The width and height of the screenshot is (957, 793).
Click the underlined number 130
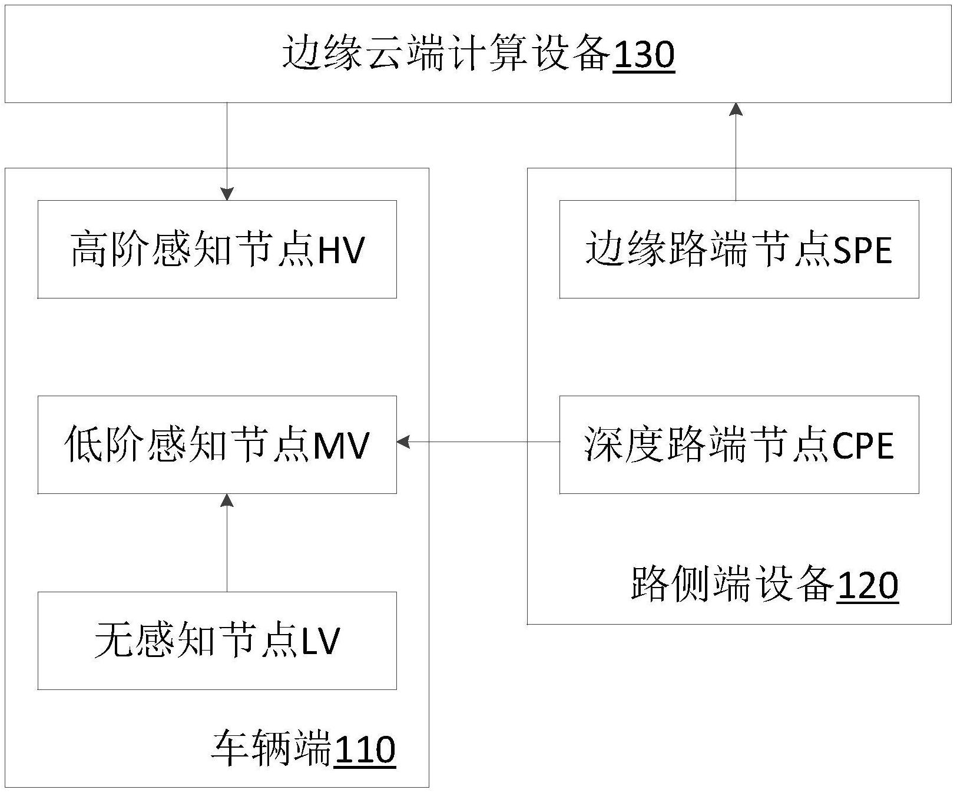(643, 55)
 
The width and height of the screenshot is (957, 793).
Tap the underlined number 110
(365, 750)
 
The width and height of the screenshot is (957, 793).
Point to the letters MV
(341, 445)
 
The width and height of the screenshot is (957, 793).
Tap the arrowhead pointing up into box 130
(736, 109)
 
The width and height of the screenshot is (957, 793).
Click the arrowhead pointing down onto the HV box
(227, 194)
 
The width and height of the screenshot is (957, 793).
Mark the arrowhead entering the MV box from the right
(403, 442)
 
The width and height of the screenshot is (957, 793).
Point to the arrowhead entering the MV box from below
(227, 500)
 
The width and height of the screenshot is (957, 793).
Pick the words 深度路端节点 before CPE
(707, 445)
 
